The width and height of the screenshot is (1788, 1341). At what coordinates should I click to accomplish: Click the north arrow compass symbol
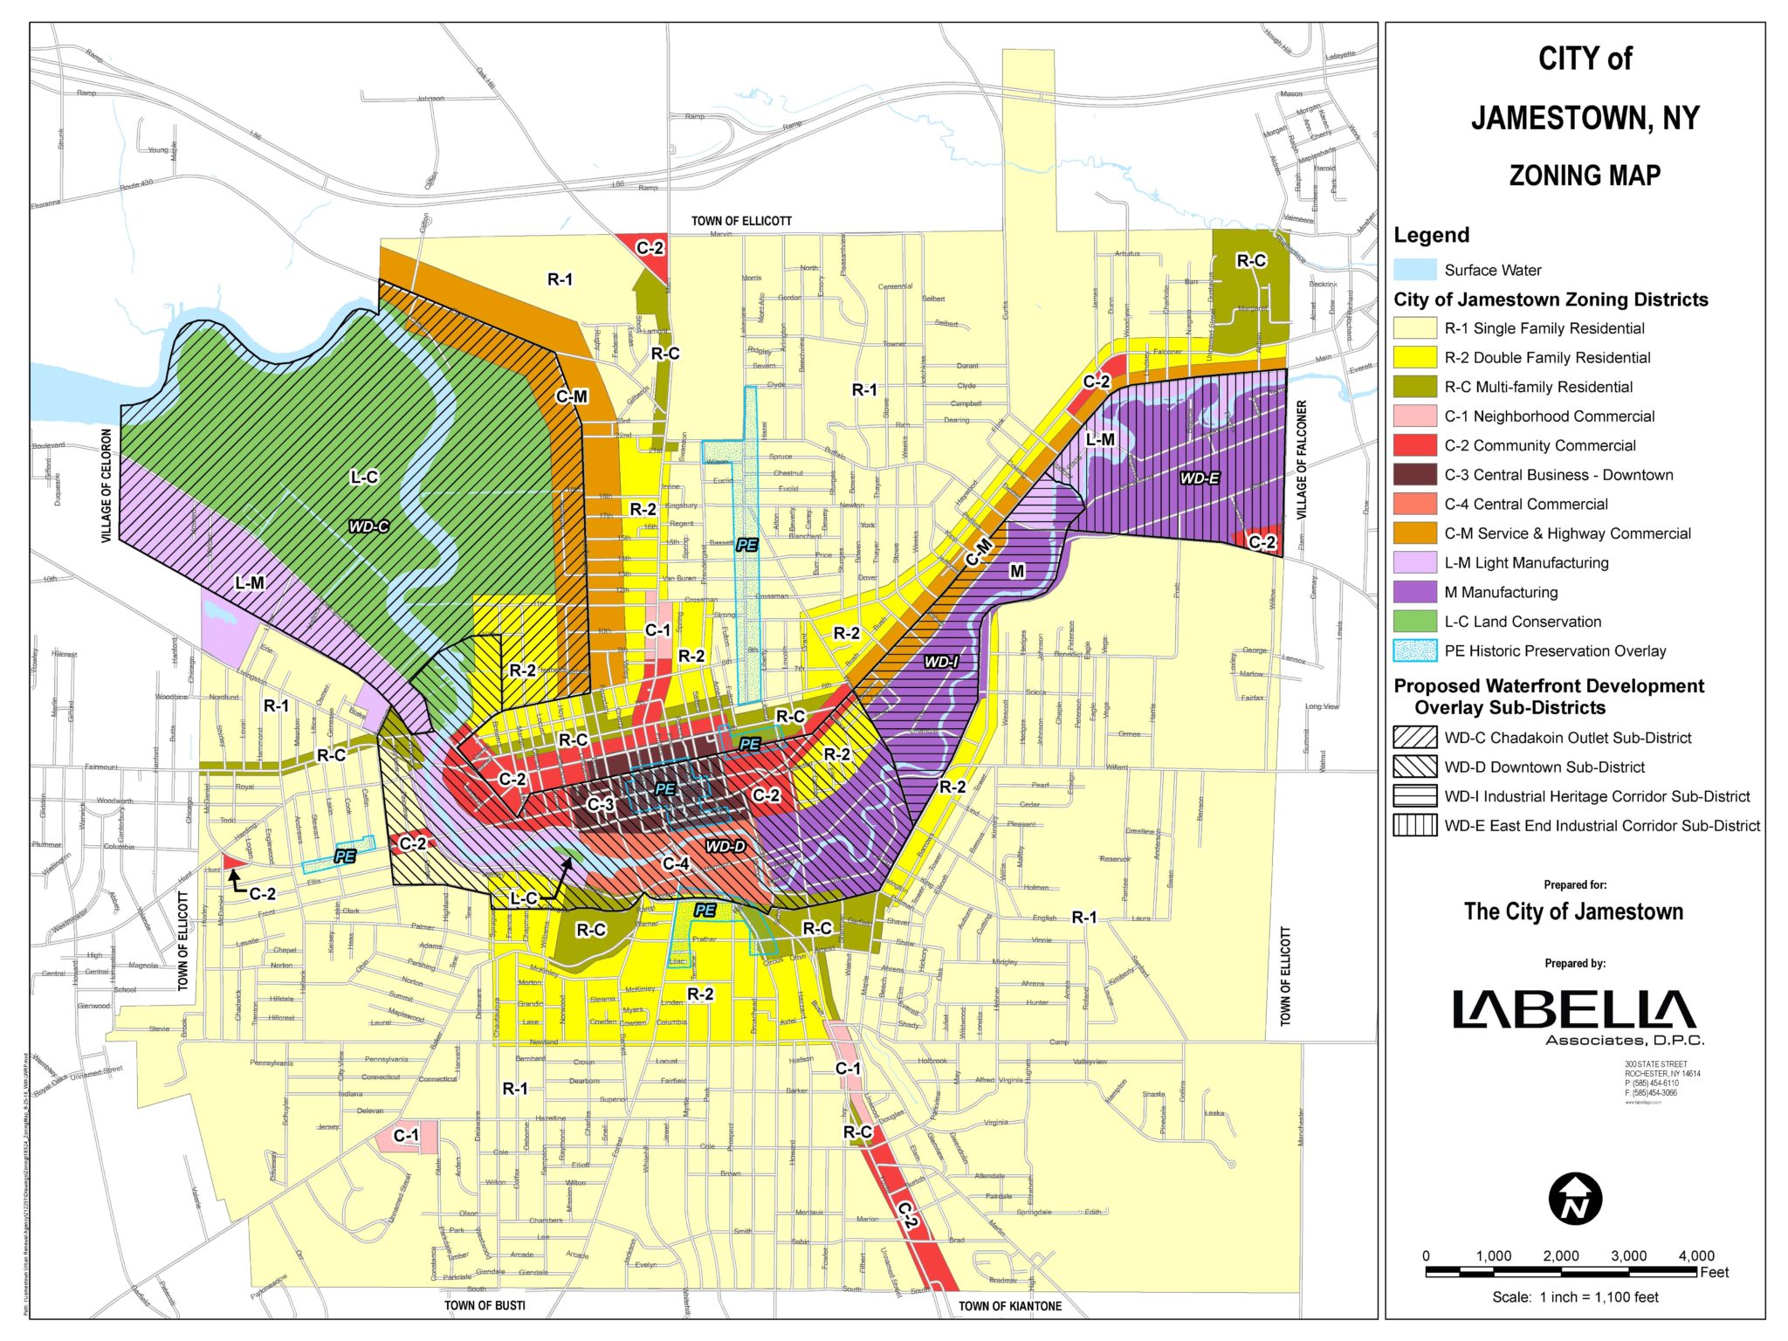pyautogui.click(x=1575, y=1199)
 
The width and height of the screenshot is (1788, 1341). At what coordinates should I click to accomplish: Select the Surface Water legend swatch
pyautogui.click(x=1414, y=270)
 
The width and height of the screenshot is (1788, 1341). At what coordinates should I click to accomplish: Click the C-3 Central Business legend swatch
pyautogui.click(x=1414, y=475)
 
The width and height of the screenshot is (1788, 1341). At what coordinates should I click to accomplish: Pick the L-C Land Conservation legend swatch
pyautogui.click(x=1414, y=622)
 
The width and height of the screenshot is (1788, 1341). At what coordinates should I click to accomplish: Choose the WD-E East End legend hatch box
pyautogui.click(x=1414, y=825)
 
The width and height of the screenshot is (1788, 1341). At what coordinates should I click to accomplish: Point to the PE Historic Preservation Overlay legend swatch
pyautogui.click(x=1414, y=651)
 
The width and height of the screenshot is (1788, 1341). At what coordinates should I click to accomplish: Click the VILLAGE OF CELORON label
pyautogui.click(x=107, y=485)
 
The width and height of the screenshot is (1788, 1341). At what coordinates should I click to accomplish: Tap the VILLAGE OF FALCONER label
pyautogui.click(x=1301, y=460)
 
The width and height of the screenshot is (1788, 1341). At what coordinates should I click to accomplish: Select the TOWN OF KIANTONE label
pyautogui.click(x=1010, y=1306)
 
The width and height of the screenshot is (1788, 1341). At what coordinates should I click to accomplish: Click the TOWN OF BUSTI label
pyautogui.click(x=485, y=1305)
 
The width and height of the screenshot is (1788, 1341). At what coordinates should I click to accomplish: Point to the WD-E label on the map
pyautogui.click(x=1200, y=478)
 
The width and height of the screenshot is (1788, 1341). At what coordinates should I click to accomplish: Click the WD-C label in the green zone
pyautogui.click(x=368, y=526)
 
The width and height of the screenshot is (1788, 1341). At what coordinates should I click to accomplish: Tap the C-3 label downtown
pyautogui.click(x=601, y=804)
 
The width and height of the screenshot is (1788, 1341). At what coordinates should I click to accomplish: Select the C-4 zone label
pyautogui.click(x=676, y=863)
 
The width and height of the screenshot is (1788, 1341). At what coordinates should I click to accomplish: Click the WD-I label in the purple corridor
pyautogui.click(x=942, y=662)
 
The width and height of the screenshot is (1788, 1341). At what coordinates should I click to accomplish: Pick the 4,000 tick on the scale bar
pyautogui.click(x=1695, y=1255)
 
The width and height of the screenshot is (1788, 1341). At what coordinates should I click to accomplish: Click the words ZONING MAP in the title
pyautogui.click(x=1585, y=175)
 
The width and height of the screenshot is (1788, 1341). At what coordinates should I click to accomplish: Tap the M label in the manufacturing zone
pyautogui.click(x=1017, y=571)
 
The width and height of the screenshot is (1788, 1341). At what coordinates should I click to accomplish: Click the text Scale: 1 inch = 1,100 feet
pyautogui.click(x=1575, y=1297)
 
